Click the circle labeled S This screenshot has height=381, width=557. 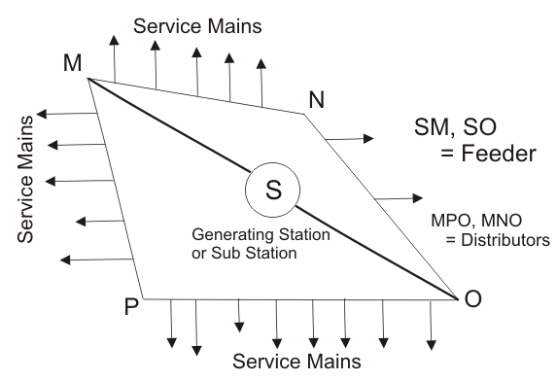(274, 190)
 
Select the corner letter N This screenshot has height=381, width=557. (317, 99)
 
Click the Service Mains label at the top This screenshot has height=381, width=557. (197, 27)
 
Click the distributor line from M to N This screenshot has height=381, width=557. (194, 96)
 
